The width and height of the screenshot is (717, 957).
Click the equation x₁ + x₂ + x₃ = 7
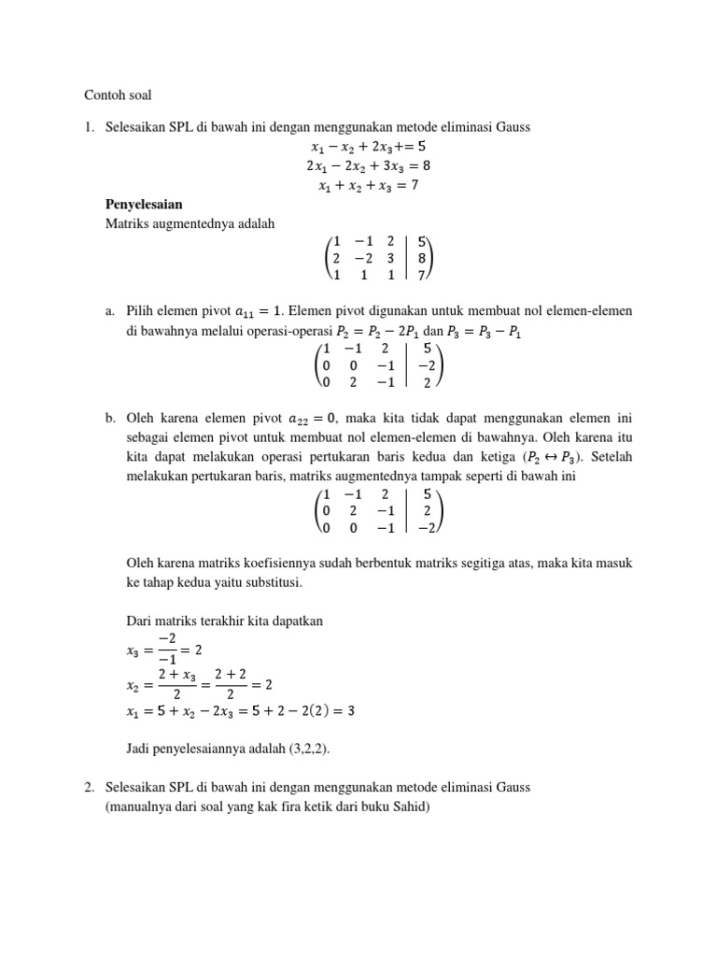[x=368, y=186]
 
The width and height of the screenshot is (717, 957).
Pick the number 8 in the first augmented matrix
[x=423, y=257]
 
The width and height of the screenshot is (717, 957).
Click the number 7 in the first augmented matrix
[x=423, y=275]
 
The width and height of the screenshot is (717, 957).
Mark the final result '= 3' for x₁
[x=344, y=711]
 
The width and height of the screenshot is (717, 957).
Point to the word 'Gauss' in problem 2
[x=512, y=787]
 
